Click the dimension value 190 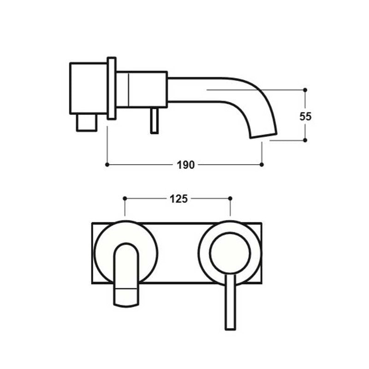[x=184, y=165]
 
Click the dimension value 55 [x=305, y=116]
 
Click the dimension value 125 [x=179, y=199]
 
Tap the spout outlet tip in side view [x=263, y=134]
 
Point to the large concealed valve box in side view [x=88, y=88]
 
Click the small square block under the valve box [x=87, y=123]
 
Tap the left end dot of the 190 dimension [x=107, y=164]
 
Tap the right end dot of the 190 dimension [x=262, y=164]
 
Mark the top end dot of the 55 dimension [x=305, y=89]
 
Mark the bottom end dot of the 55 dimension [x=305, y=140]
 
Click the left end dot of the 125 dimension [x=125, y=198]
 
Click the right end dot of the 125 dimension [x=230, y=198]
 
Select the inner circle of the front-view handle [x=230, y=253]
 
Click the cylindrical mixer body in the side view [x=141, y=88]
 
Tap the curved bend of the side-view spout [x=258, y=95]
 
